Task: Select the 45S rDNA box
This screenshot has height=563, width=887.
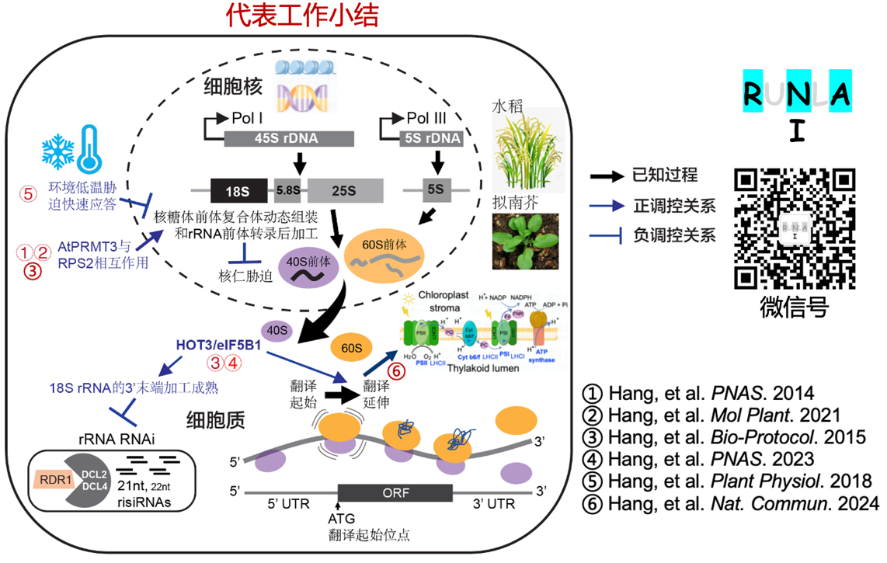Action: click(289, 140)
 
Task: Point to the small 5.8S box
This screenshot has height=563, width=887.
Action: click(287, 190)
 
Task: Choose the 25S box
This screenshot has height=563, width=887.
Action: click(345, 190)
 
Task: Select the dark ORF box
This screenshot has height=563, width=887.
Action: click(395, 492)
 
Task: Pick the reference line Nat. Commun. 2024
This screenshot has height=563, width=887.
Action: click(730, 504)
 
